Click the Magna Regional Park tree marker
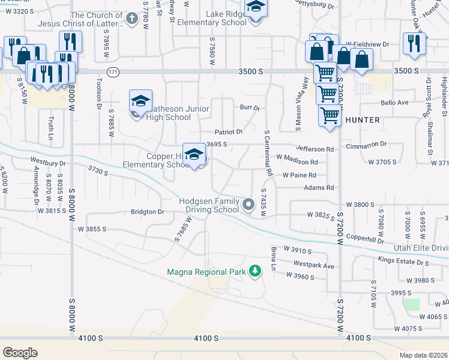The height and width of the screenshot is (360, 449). coord(255,271)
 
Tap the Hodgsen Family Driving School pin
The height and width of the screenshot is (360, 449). coord(248,206)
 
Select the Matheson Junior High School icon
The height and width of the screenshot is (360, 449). coord(140,101)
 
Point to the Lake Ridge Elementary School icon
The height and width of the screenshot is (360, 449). coord(256,8)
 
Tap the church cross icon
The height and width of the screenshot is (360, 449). coord(133,19)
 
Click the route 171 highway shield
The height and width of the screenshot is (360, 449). coord(113,71)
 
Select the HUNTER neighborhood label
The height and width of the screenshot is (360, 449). coord(362,120)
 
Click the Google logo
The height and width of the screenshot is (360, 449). coord(20,352)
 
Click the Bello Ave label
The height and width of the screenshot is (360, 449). coord(394,103)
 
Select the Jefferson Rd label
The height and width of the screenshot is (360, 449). coord(314,149)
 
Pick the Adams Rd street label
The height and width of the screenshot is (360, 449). coord(319,188)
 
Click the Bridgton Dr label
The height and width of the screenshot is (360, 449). coord(148,212)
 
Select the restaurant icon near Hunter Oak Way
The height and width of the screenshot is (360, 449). coord(414,43)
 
